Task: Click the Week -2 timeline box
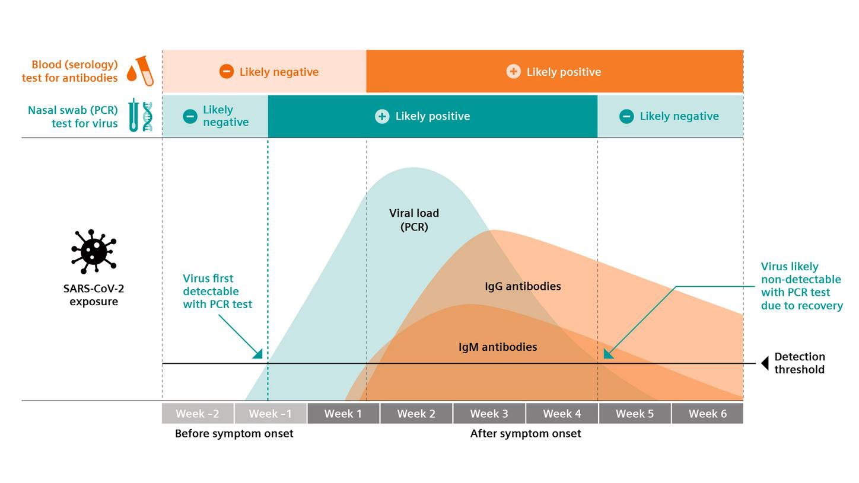tap(198, 414)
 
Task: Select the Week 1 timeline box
tap(343, 414)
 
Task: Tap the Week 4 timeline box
tap(562, 414)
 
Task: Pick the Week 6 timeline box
tap(707, 414)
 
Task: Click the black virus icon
tap(94, 251)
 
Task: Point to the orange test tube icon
tap(144, 71)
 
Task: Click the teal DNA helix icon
tap(147, 116)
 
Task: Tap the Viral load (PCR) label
tap(414, 220)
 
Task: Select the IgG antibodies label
tap(523, 286)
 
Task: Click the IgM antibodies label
tap(498, 347)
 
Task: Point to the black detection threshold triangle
tap(765, 363)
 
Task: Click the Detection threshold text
tap(799, 363)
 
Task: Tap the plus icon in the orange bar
tap(513, 72)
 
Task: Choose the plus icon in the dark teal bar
tap(382, 116)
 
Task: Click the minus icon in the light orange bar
tap(226, 72)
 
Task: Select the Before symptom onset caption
tap(234, 434)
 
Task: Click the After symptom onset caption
tap(526, 434)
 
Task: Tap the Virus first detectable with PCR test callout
tap(217, 291)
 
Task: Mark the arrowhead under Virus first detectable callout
tap(258, 354)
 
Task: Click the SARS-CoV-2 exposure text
tap(94, 295)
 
